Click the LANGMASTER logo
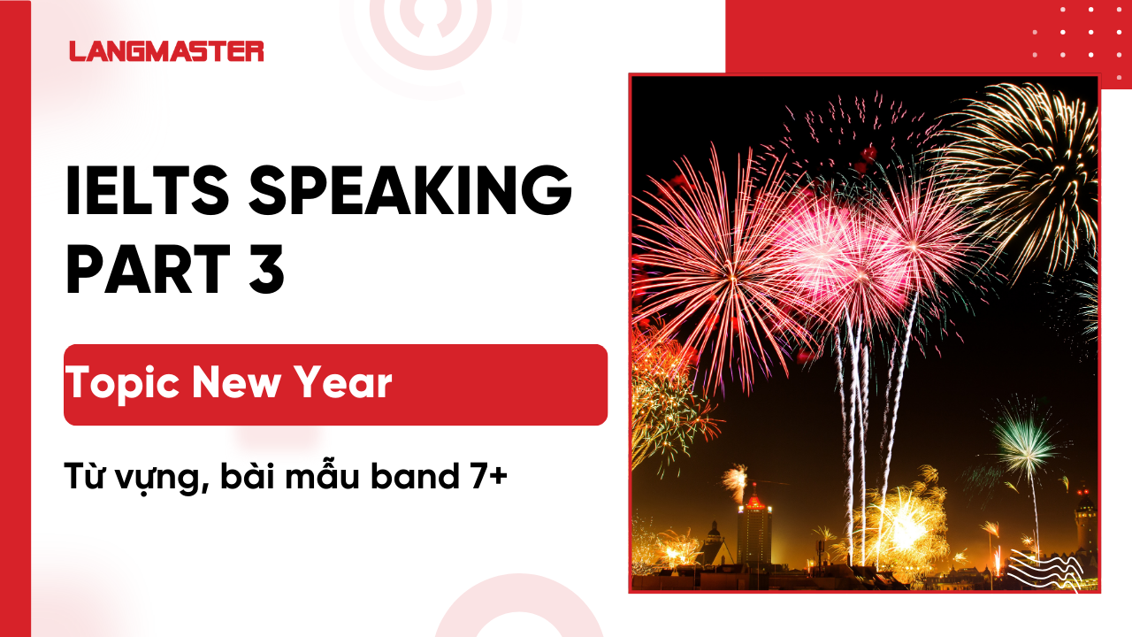click(x=166, y=51)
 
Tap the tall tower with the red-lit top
click(x=754, y=532)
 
